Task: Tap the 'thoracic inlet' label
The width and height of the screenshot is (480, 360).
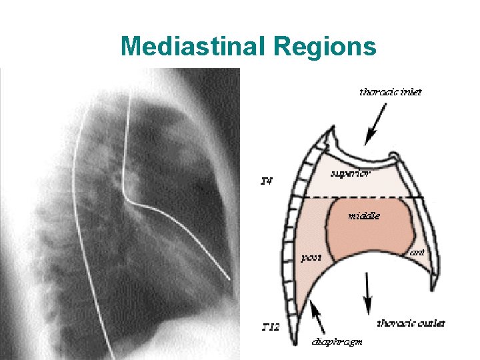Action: (390, 93)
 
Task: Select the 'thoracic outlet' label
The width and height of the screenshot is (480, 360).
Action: (411, 323)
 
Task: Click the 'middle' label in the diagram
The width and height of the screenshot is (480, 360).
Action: (364, 215)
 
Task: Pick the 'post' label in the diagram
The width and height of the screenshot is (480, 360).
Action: (311, 257)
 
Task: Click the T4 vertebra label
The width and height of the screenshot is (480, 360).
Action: (266, 180)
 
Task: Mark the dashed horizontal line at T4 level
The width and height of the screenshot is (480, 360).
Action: (360, 197)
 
